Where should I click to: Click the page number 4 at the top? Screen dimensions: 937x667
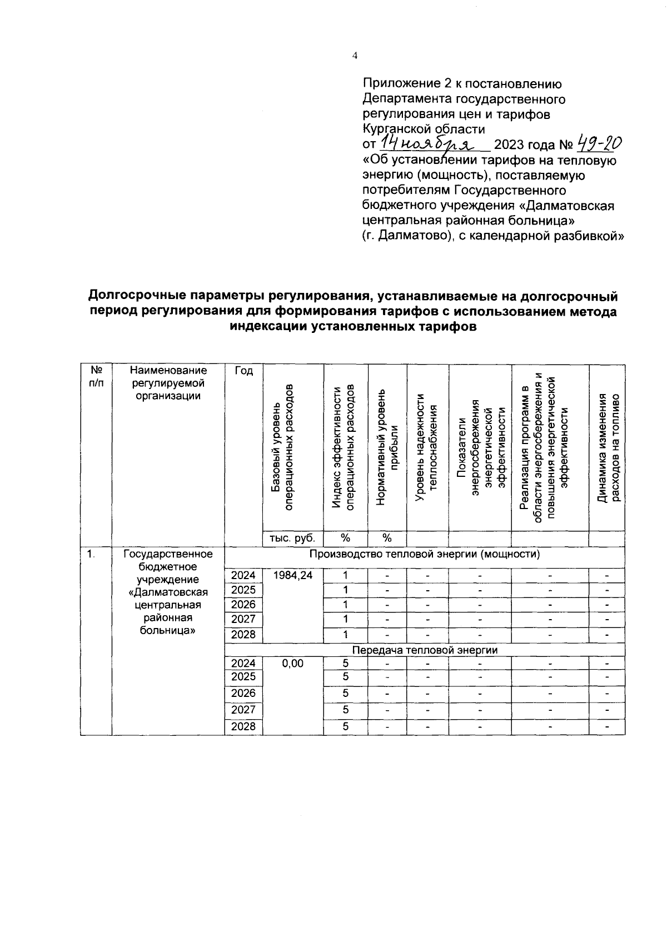[x=355, y=55]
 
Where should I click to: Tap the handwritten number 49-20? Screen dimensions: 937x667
[x=599, y=144]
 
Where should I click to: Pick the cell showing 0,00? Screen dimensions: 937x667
[x=292, y=663]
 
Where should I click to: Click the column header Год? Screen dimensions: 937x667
[x=243, y=371]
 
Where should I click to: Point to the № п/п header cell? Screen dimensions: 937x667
[x=96, y=376]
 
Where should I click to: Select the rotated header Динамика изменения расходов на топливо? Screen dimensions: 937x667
[x=607, y=447]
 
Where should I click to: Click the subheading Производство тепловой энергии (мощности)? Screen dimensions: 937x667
[x=425, y=554]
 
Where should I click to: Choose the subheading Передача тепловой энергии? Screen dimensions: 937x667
[x=425, y=650]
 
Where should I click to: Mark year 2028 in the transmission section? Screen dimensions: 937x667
[x=243, y=727]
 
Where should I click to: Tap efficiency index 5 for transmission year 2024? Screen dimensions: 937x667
[x=345, y=663]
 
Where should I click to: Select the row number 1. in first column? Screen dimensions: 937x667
[x=91, y=554]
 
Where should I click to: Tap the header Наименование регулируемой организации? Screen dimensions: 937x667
[x=168, y=383]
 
